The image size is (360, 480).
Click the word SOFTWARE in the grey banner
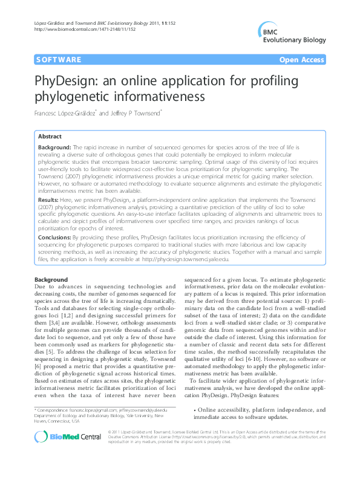[x=59, y=60]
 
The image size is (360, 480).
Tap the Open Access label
[x=303, y=60]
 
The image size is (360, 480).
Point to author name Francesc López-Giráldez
[x=65, y=113]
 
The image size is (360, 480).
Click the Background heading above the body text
[x=51, y=280]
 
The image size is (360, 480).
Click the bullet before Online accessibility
[x=194, y=410]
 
